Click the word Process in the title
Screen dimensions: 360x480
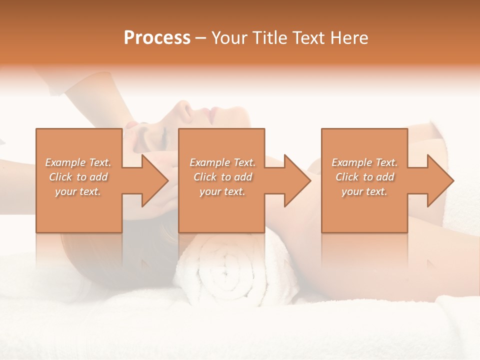click(x=157, y=38)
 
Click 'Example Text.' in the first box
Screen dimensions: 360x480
click(x=78, y=162)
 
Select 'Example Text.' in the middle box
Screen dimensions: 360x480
click(x=222, y=162)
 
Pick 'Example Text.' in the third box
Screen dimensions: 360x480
click(x=364, y=162)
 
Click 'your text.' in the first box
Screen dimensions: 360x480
click(x=78, y=191)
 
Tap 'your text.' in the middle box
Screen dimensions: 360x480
click(x=222, y=191)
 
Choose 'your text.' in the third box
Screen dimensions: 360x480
click(x=364, y=191)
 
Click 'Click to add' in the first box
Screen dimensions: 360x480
click(x=78, y=177)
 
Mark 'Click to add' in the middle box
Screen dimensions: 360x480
click(x=222, y=177)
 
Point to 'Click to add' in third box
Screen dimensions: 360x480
click(x=364, y=177)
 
